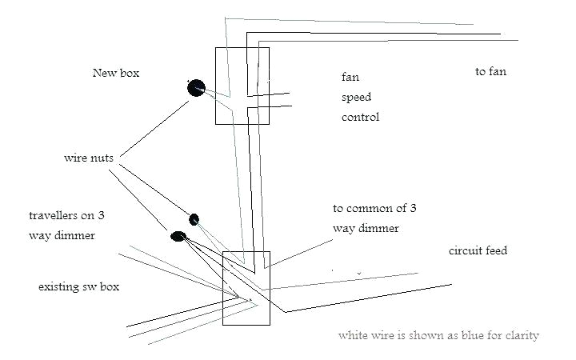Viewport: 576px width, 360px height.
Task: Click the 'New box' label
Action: coord(116,73)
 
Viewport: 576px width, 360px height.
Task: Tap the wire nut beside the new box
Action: coord(196,88)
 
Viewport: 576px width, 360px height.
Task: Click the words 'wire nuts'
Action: coord(89,157)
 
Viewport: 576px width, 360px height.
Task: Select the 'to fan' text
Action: coord(490,72)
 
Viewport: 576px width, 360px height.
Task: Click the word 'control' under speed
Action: coord(360,117)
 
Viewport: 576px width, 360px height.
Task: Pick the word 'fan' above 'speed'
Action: coord(349,77)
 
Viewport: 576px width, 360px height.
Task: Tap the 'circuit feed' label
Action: coord(478,251)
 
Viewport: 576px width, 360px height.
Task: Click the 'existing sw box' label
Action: coord(78,286)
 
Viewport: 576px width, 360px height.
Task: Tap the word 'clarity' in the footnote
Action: coord(521,335)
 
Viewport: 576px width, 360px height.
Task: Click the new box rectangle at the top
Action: coord(243,86)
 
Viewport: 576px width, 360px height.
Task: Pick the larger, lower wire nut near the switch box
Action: coord(178,237)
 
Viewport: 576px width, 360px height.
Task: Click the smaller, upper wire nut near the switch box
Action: coord(194,219)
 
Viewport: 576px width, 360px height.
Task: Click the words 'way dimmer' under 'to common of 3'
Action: coord(366,228)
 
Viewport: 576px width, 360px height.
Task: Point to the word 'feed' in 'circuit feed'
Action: coord(495,251)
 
